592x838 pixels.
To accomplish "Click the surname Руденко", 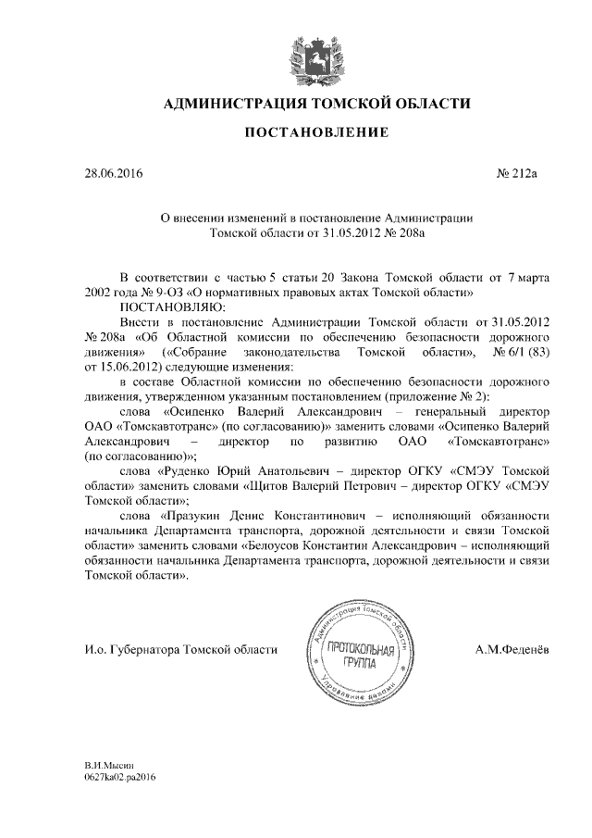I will click(191, 470).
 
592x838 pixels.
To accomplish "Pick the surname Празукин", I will click(202, 515).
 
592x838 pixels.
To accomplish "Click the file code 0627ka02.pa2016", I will click(118, 779).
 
